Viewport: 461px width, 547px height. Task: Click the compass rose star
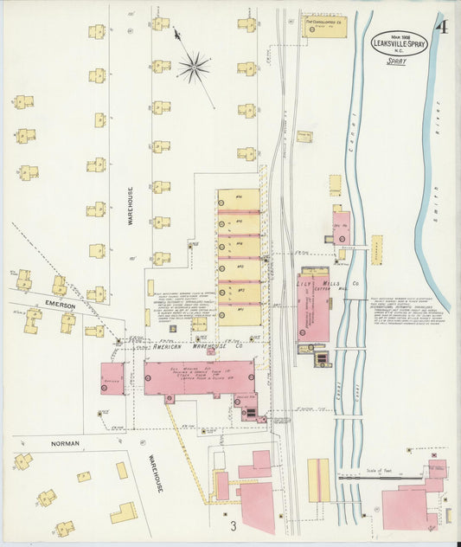(194, 66)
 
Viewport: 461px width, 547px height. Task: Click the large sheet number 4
(442, 27)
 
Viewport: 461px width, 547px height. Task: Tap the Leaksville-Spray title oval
(398, 42)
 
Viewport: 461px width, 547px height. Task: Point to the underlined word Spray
(397, 61)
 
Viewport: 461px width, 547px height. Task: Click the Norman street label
(65, 443)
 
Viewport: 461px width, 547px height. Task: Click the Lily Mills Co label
(329, 283)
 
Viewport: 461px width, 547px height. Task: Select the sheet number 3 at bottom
(232, 524)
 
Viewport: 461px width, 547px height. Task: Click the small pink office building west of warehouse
(112, 378)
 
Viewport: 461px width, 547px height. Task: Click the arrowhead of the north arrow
(176, 35)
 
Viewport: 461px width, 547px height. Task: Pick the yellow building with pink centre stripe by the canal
(318, 480)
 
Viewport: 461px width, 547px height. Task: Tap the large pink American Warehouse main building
(199, 379)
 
